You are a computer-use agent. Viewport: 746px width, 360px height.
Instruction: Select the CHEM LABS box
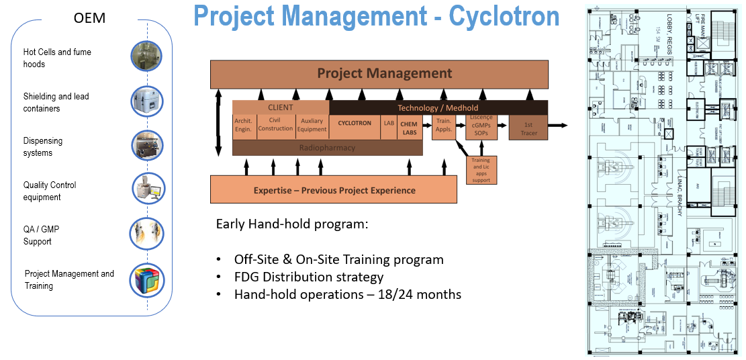[x=408, y=127]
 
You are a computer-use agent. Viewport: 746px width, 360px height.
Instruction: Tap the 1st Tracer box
[x=528, y=127]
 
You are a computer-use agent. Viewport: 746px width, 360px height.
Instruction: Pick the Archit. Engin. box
[x=243, y=127]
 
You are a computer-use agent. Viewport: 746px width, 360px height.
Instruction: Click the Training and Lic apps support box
[x=481, y=171]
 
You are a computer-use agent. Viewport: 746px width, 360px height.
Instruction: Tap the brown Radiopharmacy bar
[x=327, y=148]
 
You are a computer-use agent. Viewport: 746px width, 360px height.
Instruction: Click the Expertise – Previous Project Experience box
[x=334, y=190]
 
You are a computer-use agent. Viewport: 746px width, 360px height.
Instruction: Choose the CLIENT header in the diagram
[x=281, y=107]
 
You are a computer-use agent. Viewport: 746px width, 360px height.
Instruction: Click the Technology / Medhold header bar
[x=438, y=107]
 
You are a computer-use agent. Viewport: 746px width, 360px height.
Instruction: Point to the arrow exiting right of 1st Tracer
[x=558, y=126]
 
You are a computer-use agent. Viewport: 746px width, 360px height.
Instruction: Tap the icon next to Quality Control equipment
[x=147, y=190]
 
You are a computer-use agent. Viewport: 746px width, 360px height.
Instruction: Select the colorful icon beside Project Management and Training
[x=146, y=280]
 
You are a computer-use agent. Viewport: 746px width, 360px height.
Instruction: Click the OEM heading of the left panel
[x=89, y=19]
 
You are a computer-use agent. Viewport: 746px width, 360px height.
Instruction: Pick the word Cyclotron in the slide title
[x=504, y=17]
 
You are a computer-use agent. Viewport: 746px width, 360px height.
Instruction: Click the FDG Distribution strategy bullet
[x=308, y=277]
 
